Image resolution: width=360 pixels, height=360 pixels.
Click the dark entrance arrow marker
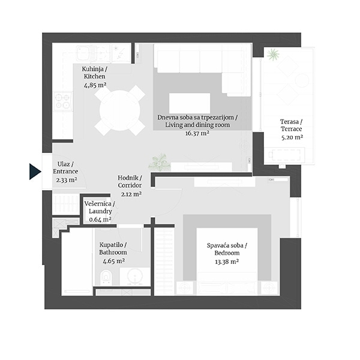[x=34, y=172]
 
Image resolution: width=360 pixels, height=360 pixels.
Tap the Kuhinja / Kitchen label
[x=94, y=73]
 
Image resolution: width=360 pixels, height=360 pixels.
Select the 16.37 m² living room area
[x=197, y=133]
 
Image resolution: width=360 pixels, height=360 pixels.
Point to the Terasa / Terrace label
[x=292, y=125]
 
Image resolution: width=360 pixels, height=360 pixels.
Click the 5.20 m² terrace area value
[x=292, y=137]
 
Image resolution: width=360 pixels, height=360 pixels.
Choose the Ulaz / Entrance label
[x=65, y=167]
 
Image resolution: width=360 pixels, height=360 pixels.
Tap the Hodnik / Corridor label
[x=130, y=181]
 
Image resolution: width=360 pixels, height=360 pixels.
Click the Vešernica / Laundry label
[x=100, y=208]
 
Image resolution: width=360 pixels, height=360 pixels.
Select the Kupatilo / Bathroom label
[x=113, y=248]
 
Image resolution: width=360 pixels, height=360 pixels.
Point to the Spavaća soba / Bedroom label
[x=227, y=249]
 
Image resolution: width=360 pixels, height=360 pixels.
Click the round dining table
[x=120, y=110]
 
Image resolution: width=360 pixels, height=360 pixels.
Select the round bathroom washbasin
[x=135, y=277]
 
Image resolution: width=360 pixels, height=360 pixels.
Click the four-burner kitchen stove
[x=62, y=101]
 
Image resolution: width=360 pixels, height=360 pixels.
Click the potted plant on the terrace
[x=273, y=55]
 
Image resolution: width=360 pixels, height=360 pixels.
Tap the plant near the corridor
[x=160, y=163]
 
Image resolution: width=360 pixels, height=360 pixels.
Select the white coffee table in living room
[x=190, y=103]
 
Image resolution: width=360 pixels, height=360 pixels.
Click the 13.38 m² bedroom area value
[x=227, y=262]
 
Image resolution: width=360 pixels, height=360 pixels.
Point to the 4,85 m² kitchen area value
[x=95, y=85]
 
